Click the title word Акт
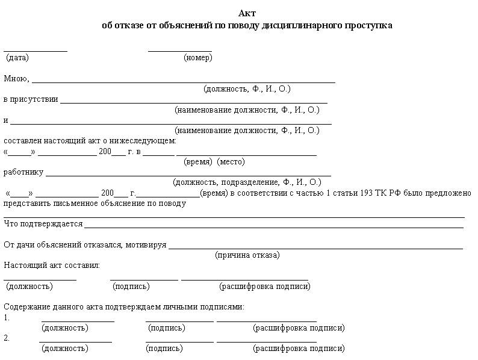[247, 13]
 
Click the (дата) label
[17, 58]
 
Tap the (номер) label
[197, 58]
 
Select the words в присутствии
[31, 99]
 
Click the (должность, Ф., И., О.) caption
[247, 89]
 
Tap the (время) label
[197, 162]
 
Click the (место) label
[231, 162]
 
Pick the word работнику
[23, 172]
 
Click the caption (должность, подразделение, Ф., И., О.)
[247, 182]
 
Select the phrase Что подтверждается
[43, 224]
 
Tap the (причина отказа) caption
[247, 255]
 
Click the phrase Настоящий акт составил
[52, 265]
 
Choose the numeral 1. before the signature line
[7, 317]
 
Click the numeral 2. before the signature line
[7, 338]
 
